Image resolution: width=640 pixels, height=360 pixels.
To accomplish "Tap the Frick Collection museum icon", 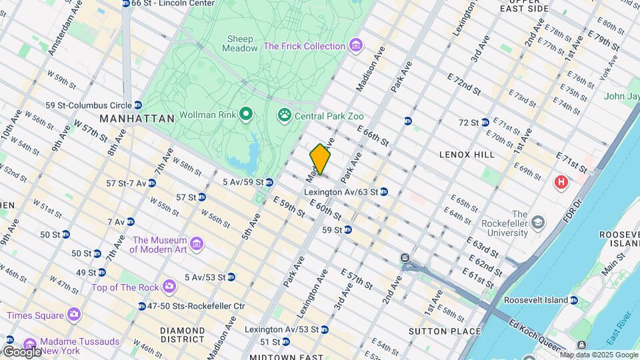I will [x=357, y=46].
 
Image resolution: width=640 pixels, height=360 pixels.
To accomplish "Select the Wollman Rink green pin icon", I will [x=245, y=115].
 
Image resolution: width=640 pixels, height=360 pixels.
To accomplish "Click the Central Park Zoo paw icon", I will [x=284, y=115].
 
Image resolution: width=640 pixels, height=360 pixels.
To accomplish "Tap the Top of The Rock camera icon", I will [x=169, y=287].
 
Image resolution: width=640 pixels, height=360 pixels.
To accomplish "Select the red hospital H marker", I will [x=561, y=181].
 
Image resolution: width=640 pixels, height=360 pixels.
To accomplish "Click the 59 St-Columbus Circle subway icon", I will [x=138, y=105].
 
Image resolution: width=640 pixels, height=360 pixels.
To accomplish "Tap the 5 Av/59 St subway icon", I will [x=269, y=182].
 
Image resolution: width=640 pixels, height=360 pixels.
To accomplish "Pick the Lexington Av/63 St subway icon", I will [x=384, y=192].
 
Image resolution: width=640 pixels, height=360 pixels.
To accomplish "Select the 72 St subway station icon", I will [x=485, y=123].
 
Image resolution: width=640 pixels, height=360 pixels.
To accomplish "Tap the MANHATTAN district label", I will [x=137, y=119].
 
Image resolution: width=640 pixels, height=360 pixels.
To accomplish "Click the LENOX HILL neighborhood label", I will [x=467, y=155].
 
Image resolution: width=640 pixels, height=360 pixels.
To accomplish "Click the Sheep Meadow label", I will [x=241, y=43].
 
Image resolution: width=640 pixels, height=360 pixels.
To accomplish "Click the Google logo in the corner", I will [x=21, y=351].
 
